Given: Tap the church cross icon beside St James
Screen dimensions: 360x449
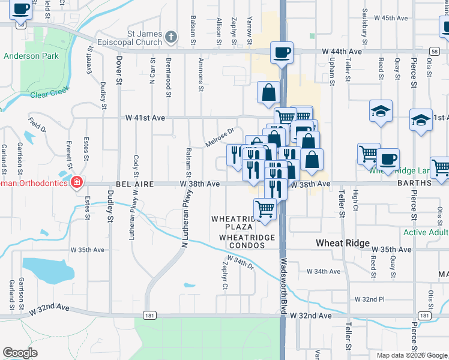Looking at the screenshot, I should coord(171,37).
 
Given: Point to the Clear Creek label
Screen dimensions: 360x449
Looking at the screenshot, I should coord(50,94).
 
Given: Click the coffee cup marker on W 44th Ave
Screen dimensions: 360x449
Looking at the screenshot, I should coord(282,53).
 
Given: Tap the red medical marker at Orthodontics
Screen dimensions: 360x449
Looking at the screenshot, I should coord(77,182).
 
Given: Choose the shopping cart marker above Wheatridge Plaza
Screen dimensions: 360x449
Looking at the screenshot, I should coord(265,209).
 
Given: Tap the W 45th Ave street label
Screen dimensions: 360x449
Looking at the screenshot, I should coord(391,18).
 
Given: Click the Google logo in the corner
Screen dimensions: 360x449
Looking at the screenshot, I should coord(20,352).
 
